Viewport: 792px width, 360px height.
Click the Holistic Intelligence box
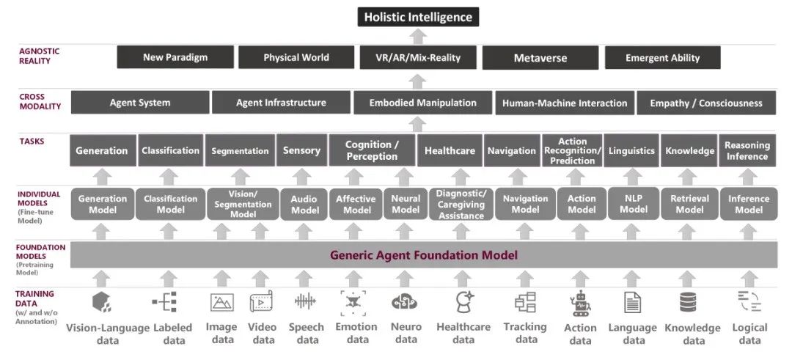[x=418, y=16]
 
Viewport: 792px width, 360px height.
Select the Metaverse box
[x=540, y=58]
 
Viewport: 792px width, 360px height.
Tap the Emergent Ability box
[x=662, y=58]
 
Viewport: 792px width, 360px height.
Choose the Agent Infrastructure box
[x=281, y=103]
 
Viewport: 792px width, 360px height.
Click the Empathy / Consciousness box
[x=706, y=103]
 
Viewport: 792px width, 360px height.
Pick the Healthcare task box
[x=450, y=150]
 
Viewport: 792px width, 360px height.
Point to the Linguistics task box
[x=631, y=150]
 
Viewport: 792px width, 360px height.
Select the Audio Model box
[x=304, y=204]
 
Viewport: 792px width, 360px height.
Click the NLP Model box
[x=633, y=204]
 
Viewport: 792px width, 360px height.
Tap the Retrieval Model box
[x=689, y=204]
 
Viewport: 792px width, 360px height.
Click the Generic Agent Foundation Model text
[x=424, y=255]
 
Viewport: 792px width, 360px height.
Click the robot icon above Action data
[x=580, y=303]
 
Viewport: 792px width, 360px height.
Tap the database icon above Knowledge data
[x=688, y=302]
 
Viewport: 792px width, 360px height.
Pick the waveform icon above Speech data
[x=305, y=301]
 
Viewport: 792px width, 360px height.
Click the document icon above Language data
[x=632, y=302]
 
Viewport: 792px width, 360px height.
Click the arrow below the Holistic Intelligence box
[x=417, y=36]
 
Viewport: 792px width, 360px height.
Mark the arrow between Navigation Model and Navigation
[x=525, y=177]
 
